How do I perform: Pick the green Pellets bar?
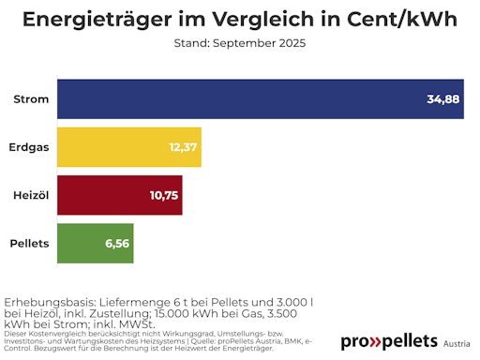pyautogui.click(x=94, y=243)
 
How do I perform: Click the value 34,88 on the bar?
pyautogui.click(x=442, y=98)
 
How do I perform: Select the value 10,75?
pyautogui.click(x=164, y=195)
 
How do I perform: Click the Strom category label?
pyautogui.click(x=31, y=98)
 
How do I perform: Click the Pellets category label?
pyautogui.click(x=29, y=243)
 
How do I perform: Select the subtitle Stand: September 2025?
pyautogui.click(x=240, y=43)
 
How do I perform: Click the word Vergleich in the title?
pyautogui.click(x=261, y=20)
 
